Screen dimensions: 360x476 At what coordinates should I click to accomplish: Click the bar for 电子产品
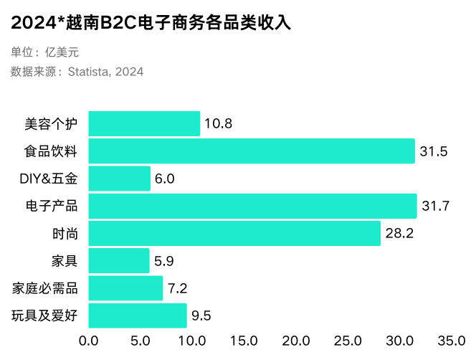tap(252, 206)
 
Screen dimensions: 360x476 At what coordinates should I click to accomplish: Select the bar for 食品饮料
tap(252, 151)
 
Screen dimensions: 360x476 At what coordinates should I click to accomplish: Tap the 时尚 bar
tap(234, 233)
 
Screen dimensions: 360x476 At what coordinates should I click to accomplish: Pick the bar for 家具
tap(119, 260)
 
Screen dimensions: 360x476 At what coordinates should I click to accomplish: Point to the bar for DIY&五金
tap(120, 179)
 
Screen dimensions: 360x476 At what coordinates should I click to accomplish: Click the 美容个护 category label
tap(51, 124)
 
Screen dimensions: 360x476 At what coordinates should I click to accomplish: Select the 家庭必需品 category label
tap(44, 288)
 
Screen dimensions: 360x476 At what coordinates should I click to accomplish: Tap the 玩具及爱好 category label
tap(44, 316)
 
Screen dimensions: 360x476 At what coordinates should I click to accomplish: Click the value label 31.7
tap(435, 207)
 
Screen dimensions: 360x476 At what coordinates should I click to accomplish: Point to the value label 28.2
tap(399, 234)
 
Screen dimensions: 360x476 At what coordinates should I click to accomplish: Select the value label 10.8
tap(219, 124)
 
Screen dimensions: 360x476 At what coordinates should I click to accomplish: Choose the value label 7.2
tap(178, 288)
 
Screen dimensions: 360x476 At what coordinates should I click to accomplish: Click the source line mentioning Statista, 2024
tap(77, 72)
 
